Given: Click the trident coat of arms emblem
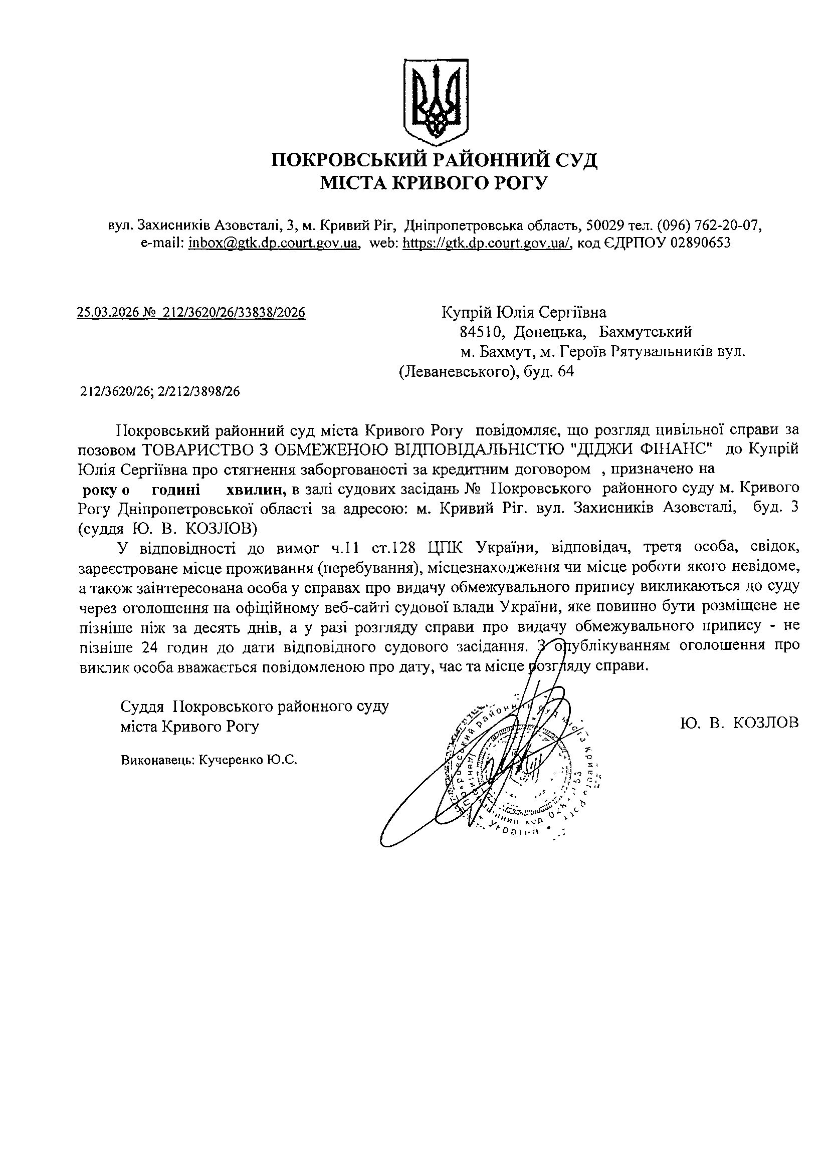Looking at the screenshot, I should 435,99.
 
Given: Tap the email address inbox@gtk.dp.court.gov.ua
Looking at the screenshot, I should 273,243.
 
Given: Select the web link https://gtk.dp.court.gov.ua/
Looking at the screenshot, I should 487,243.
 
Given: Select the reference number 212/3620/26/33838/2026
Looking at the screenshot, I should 234,313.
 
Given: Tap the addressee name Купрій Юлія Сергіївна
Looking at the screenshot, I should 523,312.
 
